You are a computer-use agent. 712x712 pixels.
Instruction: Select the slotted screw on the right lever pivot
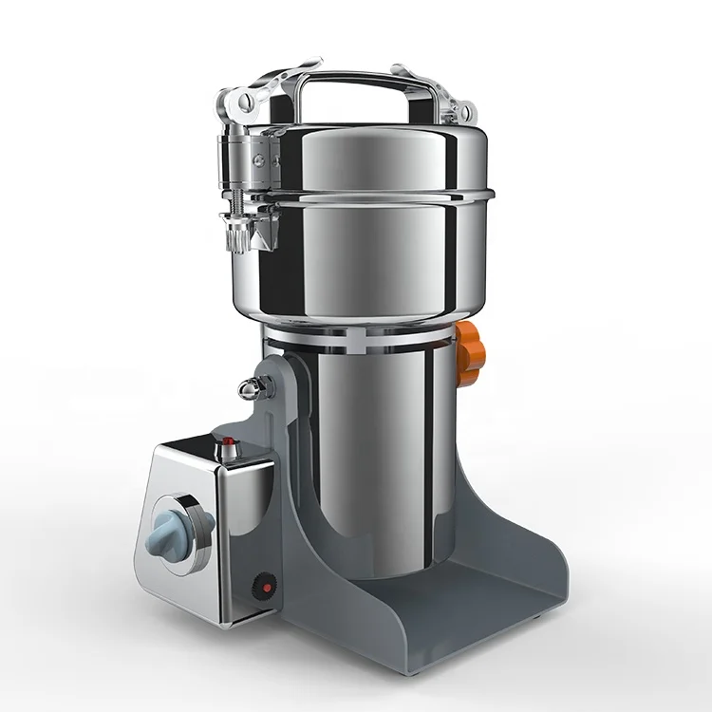click(465, 114)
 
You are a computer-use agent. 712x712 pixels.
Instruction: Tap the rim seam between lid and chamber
click(380, 199)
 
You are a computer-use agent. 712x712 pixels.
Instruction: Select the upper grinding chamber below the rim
click(380, 266)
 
